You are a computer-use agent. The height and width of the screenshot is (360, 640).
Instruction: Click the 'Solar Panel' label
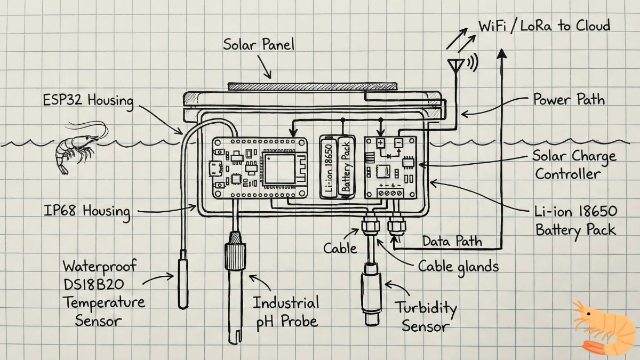coord(259,44)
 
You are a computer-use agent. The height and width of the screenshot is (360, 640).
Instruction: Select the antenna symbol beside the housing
coord(454,66)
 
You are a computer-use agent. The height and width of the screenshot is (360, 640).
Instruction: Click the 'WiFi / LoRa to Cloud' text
coord(544,25)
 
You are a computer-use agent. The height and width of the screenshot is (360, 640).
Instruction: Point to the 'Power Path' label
coord(569,99)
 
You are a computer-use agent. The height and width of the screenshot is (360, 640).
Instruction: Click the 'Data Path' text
coord(452,241)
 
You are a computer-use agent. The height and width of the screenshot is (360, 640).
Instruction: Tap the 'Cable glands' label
coord(458,266)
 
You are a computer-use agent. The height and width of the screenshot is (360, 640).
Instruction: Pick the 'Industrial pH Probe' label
coord(286,312)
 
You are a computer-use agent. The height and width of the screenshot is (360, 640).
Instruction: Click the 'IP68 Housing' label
coord(87,211)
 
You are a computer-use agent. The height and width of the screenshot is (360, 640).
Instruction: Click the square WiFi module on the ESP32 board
coord(279,171)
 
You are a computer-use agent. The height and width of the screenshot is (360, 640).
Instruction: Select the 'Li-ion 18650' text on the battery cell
coord(330,168)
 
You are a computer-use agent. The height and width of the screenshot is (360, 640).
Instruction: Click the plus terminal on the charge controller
coord(380,143)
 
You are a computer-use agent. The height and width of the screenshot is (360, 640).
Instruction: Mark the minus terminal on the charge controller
coord(398,143)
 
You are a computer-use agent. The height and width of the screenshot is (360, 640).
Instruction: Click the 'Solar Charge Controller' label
coord(575,165)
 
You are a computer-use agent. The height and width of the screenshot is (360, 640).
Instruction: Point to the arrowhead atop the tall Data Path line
coord(501,52)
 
